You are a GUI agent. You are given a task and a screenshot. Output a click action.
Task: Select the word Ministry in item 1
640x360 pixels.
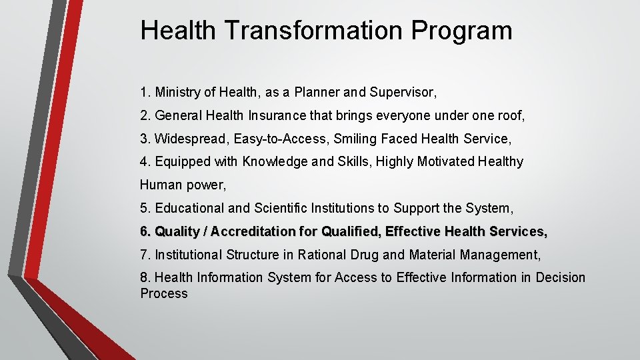pos(176,92)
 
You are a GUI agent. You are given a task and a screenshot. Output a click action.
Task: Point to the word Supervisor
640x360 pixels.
pos(409,92)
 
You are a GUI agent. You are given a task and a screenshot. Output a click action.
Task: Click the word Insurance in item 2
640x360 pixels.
pos(274,115)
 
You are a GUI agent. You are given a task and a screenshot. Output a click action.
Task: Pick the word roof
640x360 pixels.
pos(511,115)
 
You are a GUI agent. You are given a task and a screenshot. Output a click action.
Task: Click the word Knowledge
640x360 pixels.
pos(272,161)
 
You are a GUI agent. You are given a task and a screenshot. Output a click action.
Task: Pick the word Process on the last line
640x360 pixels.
pos(164,294)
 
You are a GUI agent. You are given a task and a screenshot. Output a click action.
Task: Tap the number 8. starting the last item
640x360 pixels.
pos(145,277)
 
